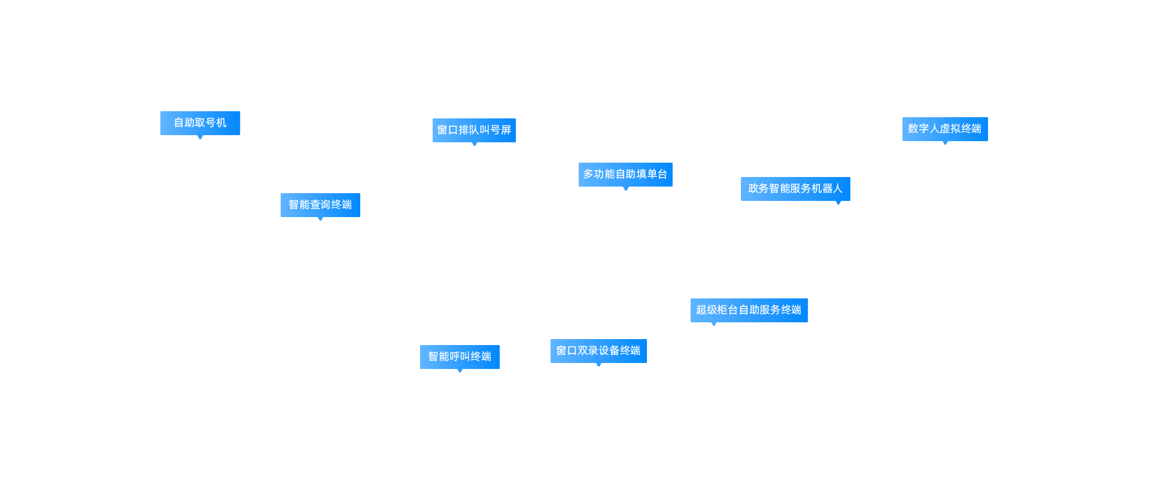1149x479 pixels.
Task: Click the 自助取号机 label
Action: pyautogui.click(x=200, y=123)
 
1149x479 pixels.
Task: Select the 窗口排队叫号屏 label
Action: pyautogui.click(x=474, y=130)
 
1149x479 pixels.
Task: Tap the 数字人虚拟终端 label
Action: pyautogui.click(x=944, y=129)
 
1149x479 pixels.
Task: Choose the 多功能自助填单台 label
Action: pyautogui.click(x=625, y=174)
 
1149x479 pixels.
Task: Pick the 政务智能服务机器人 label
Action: pyautogui.click(x=795, y=188)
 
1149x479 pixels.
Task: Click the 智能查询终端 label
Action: pyautogui.click(x=320, y=205)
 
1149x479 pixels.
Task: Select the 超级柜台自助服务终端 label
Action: pyautogui.click(x=748, y=310)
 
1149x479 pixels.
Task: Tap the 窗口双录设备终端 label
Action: pyautogui.click(x=598, y=350)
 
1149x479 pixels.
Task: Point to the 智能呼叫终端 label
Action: pyautogui.click(x=459, y=356)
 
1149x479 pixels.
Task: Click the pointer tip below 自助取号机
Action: pyautogui.click(x=200, y=138)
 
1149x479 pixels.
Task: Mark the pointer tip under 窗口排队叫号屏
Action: pyautogui.click(x=475, y=144)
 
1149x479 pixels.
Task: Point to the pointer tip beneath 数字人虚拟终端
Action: pyautogui.click(x=945, y=143)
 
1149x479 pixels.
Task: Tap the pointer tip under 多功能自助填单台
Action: pyautogui.click(x=626, y=189)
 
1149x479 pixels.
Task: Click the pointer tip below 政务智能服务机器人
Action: pyautogui.click(x=838, y=203)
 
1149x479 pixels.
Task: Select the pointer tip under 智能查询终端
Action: pyautogui.click(x=320, y=219)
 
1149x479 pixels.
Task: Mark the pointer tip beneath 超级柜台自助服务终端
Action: pyautogui.click(x=714, y=324)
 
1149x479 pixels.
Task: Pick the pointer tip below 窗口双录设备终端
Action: pyautogui.click(x=598, y=365)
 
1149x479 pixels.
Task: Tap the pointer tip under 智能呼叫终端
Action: pyautogui.click(x=460, y=371)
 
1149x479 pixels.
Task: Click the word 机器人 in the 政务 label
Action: pyautogui.click(x=826, y=188)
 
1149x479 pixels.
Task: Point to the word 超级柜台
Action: pyautogui.click(x=717, y=310)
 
